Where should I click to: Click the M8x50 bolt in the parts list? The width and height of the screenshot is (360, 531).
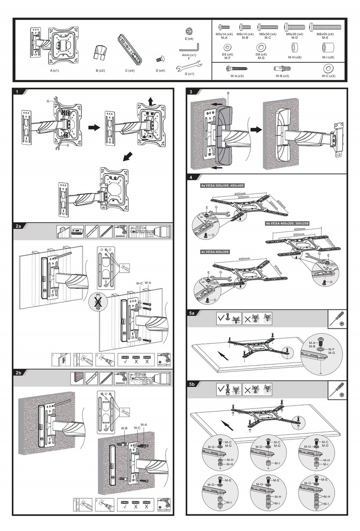pyautogui.click(x=325, y=27)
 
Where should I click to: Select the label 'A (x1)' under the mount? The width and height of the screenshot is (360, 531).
pyautogui.click(x=55, y=71)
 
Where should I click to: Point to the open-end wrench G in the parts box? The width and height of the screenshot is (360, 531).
pyautogui.click(x=189, y=67)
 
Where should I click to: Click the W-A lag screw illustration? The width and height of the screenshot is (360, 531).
pyautogui.click(x=237, y=69)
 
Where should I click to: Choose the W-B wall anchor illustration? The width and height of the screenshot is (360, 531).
pyautogui.click(x=282, y=69)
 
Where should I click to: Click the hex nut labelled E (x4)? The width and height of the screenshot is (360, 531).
pyautogui.click(x=189, y=31)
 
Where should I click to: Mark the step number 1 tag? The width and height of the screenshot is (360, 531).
pyautogui.click(x=17, y=92)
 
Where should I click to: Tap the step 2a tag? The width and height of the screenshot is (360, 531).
pyautogui.click(x=18, y=226)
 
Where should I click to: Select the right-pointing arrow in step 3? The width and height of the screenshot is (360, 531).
pyautogui.click(x=256, y=129)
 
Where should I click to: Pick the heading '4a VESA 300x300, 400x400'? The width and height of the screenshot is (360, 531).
pyautogui.click(x=222, y=186)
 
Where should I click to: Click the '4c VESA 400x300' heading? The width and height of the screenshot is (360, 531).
pyautogui.click(x=215, y=252)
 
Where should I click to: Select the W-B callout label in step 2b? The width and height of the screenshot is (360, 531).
pyautogui.click(x=124, y=428)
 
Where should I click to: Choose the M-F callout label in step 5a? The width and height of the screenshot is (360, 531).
pyautogui.click(x=331, y=349)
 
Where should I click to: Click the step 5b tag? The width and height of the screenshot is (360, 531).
pyautogui.click(x=192, y=384)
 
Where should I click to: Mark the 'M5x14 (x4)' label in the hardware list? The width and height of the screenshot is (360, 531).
pyautogui.click(x=224, y=34)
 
